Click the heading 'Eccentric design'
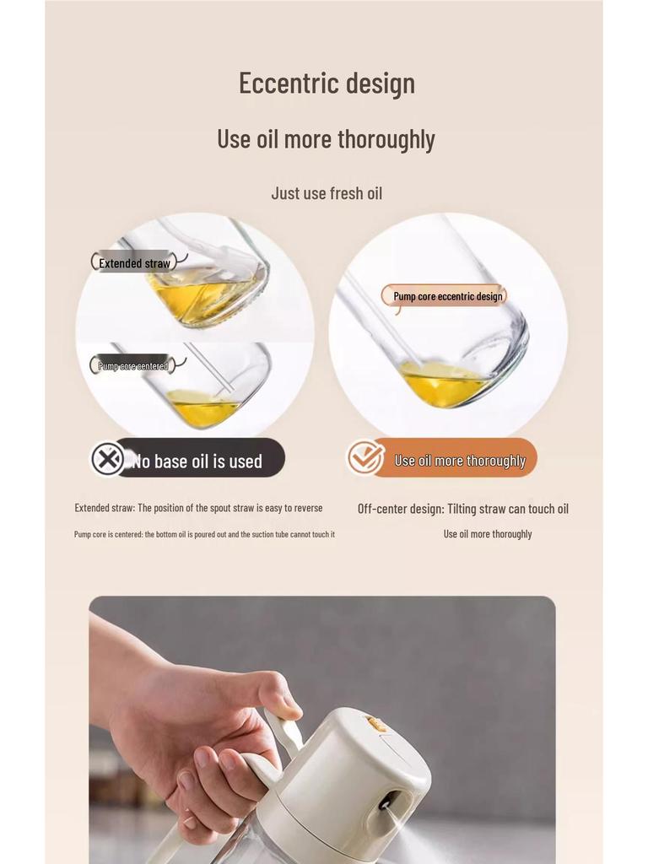click(327, 84)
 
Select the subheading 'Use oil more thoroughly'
click(327, 140)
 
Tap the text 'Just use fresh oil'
click(327, 193)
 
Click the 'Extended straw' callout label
click(134, 263)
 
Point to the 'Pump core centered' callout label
click(132, 365)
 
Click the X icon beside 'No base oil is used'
click(108, 458)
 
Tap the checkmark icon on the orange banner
click(365, 457)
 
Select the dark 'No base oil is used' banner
click(188, 458)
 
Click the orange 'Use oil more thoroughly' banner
click(442, 458)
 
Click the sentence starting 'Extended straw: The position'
click(198, 508)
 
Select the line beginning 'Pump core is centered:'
click(204, 534)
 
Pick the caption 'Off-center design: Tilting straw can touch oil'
click(463, 509)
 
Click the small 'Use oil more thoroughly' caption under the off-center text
click(488, 534)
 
